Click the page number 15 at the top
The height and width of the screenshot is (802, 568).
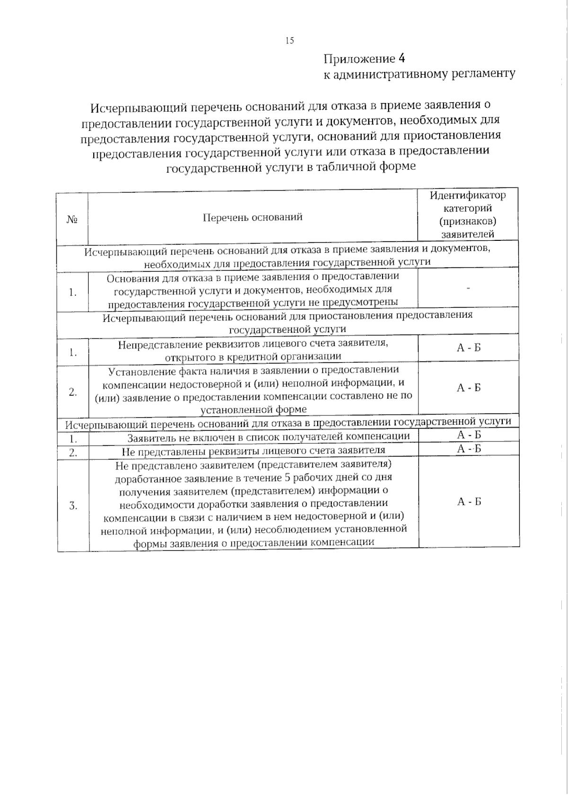(290, 41)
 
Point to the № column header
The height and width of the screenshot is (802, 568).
(72, 220)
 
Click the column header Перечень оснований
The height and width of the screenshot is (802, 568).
(252, 218)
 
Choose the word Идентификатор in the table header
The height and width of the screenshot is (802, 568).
(468, 195)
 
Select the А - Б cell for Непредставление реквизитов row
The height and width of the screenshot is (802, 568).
(469, 348)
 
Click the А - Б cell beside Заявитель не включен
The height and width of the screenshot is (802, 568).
(469, 435)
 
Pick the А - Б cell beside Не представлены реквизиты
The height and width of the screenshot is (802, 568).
(469, 449)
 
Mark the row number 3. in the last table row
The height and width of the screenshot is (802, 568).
(73, 506)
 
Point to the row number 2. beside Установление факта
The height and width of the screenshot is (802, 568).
(73, 392)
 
